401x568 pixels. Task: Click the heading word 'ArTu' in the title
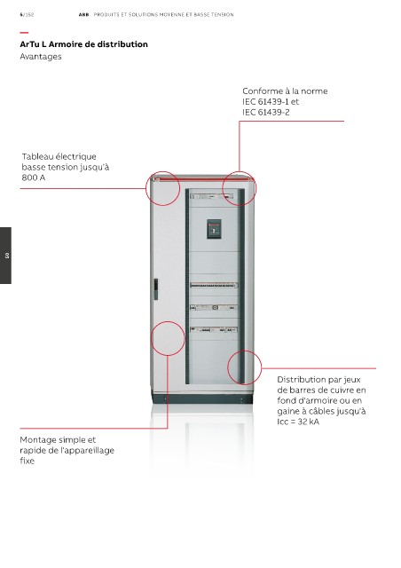(x=29, y=44)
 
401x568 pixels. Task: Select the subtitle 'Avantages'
(x=41, y=57)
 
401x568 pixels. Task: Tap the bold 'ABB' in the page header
(x=83, y=15)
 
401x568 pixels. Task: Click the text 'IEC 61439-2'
(x=266, y=112)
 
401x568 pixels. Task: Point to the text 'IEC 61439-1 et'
(x=271, y=101)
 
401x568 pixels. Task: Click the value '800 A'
(x=34, y=177)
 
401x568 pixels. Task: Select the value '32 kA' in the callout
(x=308, y=422)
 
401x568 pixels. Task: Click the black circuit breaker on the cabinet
(x=214, y=229)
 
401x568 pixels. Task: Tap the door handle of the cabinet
(x=156, y=289)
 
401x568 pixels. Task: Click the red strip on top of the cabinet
(x=202, y=178)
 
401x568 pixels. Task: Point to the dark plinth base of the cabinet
(x=201, y=398)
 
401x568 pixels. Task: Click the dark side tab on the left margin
(x=5, y=256)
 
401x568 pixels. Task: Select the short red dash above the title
(x=24, y=33)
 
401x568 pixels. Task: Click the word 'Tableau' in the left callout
(x=39, y=156)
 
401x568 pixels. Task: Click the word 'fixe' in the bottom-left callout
(x=28, y=461)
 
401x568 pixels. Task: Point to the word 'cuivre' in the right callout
(x=338, y=390)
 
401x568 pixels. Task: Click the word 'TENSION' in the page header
(x=224, y=15)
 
